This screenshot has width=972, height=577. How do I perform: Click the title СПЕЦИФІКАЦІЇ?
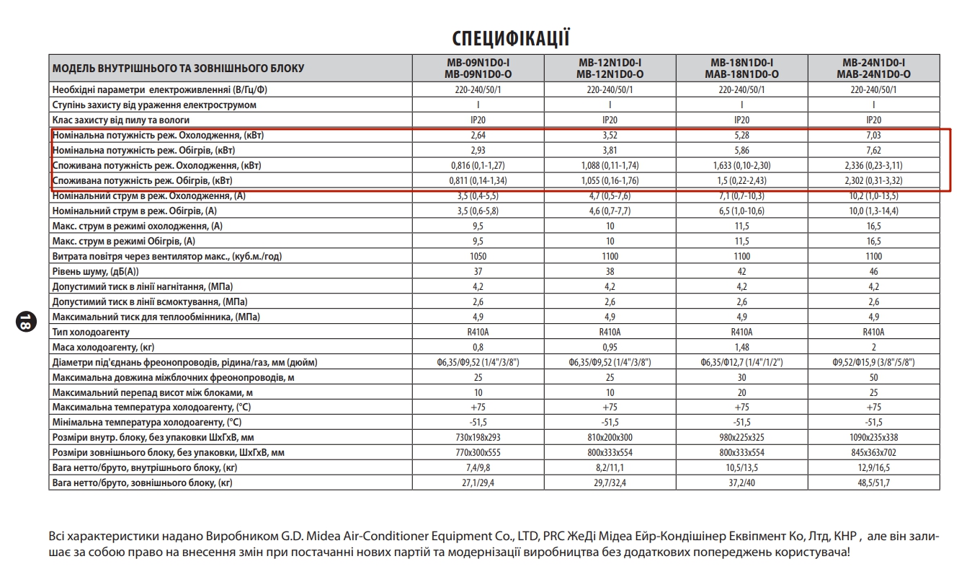[511, 38]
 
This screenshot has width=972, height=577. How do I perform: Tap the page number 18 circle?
[23, 322]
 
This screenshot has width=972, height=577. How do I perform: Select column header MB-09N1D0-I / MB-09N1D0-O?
[478, 69]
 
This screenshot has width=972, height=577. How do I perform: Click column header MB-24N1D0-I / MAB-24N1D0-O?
[873, 69]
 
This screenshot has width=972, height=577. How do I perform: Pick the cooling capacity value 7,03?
[873, 136]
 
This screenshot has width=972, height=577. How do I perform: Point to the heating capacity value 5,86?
[741, 151]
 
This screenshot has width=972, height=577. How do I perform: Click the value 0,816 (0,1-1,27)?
[478, 166]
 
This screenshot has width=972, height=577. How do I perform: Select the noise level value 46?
[873, 272]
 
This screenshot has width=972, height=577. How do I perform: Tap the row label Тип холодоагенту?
[91, 332]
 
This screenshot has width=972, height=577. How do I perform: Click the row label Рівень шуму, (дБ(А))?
[95, 272]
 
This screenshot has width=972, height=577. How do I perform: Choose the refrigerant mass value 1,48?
[741, 347]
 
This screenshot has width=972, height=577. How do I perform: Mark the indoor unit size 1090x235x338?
[873, 437]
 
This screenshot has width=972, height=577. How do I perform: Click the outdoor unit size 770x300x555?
[478, 452]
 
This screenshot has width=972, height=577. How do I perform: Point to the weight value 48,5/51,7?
[873, 483]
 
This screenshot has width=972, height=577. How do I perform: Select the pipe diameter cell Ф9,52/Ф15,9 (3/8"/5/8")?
[873, 362]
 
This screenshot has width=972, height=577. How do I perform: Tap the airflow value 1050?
[478, 257]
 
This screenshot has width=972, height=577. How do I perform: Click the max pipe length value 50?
[873, 377]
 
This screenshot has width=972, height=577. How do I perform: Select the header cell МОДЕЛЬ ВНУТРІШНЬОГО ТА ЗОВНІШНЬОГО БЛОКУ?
[178, 69]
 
